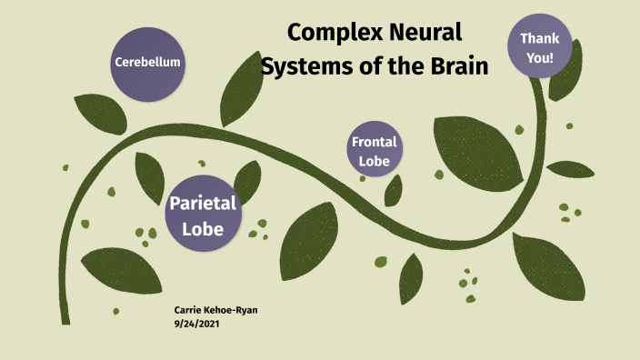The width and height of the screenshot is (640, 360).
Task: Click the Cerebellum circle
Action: pyautogui.click(x=147, y=63)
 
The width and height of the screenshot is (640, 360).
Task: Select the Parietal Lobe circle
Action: pyautogui.click(x=202, y=215)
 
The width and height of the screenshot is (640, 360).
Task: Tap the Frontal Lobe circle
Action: pyautogui.click(x=374, y=151)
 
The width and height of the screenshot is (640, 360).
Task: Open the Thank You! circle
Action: pyautogui.click(x=545, y=48)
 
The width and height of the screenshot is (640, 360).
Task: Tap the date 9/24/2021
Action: pyautogui.click(x=195, y=324)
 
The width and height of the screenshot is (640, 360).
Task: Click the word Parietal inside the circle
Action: pyautogui.click(x=202, y=203)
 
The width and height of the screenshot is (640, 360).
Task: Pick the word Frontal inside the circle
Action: pyautogui.click(x=374, y=142)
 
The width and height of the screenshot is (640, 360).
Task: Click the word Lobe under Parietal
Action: pyautogui.click(x=202, y=228)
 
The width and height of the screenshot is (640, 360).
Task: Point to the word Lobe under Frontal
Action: pyautogui.click(x=374, y=161)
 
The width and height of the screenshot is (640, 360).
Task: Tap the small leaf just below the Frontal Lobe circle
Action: pyautogui.click(x=394, y=190)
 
